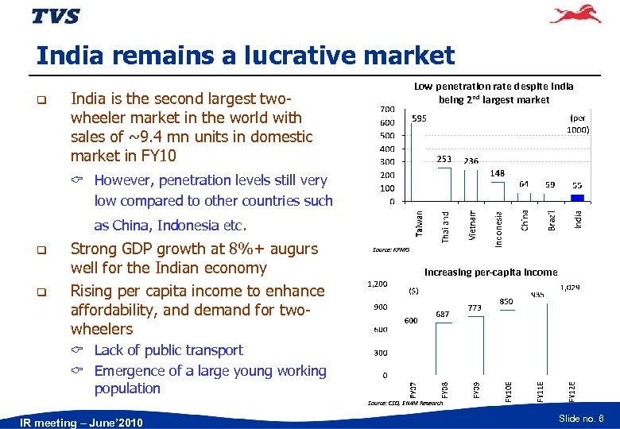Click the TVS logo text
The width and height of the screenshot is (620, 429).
tap(56, 16)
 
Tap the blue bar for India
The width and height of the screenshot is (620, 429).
tap(578, 197)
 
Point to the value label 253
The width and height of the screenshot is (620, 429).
tap(444, 159)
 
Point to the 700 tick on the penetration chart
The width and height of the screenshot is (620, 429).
tap(386, 108)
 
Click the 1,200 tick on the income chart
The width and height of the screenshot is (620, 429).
tap(377, 283)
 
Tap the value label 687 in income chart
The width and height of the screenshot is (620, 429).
tap(443, 315)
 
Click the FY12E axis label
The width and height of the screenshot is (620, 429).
tap(571, 390)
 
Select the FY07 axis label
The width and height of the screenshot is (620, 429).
tap(413, 390)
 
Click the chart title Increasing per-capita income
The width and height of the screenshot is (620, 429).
tap(490, 272)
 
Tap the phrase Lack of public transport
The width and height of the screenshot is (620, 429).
tap(169, 350)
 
